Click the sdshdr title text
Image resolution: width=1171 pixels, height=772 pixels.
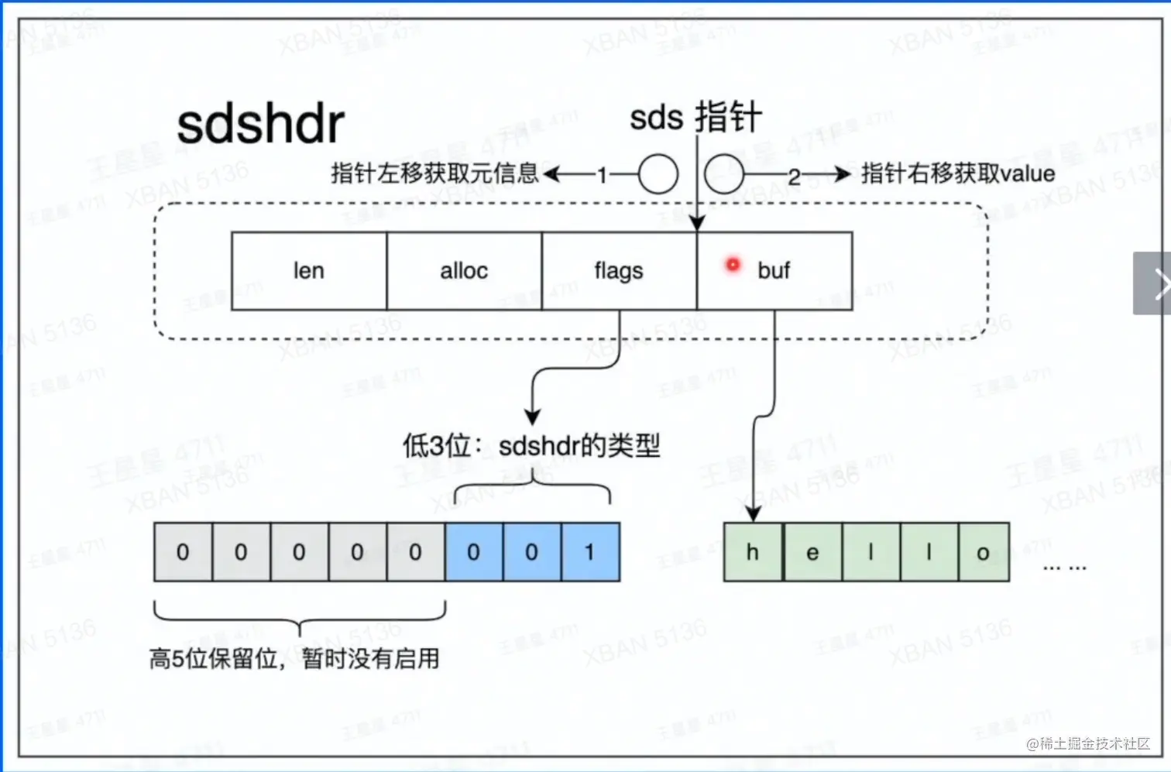[260, 125]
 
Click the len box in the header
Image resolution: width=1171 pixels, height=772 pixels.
[309, 271]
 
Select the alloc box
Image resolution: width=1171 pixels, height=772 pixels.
[464, 271]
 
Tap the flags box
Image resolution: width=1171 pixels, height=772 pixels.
[619, 271]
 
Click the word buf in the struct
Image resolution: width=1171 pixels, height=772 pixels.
[774, 270]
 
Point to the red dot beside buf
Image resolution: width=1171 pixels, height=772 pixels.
[733, 265]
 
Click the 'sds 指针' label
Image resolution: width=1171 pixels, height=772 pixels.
[695, 118]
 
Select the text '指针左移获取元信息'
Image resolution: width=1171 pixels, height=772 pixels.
[434, 173]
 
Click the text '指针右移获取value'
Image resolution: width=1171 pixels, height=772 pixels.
[958, 173]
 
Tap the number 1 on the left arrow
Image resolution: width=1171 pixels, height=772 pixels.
[602, 175]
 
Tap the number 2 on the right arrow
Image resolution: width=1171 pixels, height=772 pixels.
[794, 177]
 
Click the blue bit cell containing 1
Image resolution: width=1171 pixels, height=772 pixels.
[590, 552]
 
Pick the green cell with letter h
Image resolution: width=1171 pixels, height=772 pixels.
[752, 552]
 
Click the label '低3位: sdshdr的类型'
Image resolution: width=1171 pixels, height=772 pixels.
[531, 446]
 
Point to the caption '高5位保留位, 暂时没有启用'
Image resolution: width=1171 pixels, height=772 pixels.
[294, 659]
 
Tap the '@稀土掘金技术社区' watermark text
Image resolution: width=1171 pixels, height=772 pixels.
[1088, 743]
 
